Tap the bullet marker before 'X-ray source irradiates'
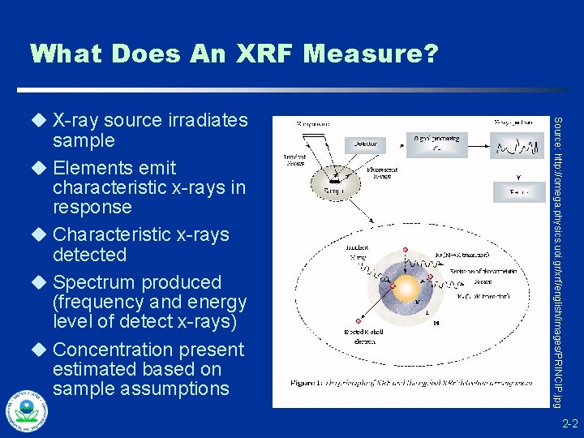36,121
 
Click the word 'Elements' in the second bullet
88,168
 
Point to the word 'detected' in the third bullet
89,255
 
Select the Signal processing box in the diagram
437,144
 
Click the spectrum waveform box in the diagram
517,147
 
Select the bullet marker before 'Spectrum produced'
36,282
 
